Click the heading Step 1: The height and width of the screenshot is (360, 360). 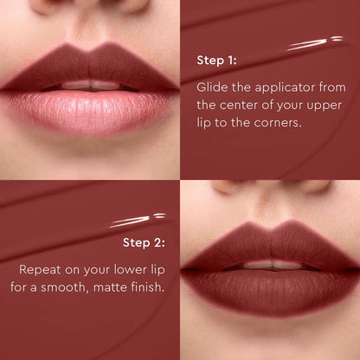216,61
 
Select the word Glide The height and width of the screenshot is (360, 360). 212,87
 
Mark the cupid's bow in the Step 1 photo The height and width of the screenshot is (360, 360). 88,47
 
